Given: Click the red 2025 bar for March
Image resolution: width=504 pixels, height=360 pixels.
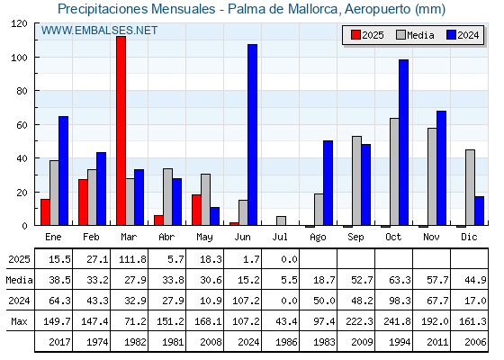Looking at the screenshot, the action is pyautogui.click(x=121, y=130).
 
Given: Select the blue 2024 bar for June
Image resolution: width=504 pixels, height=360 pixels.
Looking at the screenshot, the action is pyautogui.click(x=252, y=135).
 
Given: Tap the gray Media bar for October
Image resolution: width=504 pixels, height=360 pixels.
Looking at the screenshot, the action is pyautogui.click(x=394, y=172).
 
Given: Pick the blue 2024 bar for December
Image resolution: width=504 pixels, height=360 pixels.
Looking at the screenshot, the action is pyautogui.click(x=479, y=211).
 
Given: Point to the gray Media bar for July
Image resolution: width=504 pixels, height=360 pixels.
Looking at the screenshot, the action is pyautogui.click(x=281, y=220).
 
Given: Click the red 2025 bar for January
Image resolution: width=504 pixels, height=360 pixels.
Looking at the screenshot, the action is pyautogui.click(x=45, y=212).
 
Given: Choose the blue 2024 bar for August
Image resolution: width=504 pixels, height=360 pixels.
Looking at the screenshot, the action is pyautogui.click(x=328, y=183).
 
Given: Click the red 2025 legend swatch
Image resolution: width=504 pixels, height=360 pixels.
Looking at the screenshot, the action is pyautogui.click(x=355, y=35).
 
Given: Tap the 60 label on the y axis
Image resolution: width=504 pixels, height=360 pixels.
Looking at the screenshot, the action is pyautogui.click(x=22, y=125).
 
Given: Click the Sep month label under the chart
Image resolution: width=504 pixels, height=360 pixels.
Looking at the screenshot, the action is pyautogui.click(x=355, y=238).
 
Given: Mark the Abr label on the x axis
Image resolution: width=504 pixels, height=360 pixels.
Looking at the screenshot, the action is pyautogui.click(x=166, y=238).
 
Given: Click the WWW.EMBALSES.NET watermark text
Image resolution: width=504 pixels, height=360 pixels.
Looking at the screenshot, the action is pyautogui.click(x=99, y=31).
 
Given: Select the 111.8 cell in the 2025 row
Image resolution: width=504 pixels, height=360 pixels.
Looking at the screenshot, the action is pyautogui.click(x=132, y=259).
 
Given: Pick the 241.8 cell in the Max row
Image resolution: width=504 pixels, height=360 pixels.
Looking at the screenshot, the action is pyautogui.click(x=397, y=321).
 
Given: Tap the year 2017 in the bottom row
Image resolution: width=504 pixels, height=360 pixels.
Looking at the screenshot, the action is pyautogui.click(x=59, y=342).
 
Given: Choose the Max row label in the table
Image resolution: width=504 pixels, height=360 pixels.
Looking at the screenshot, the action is pyautogui.click(x=19, y=321).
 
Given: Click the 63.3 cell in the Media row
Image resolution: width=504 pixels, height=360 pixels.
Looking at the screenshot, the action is pyautogui.click(x=400, y=280).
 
